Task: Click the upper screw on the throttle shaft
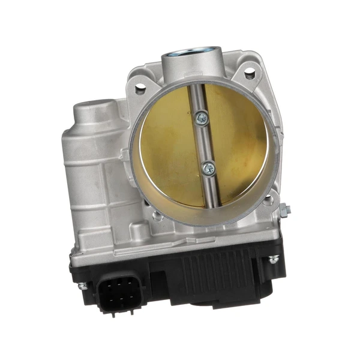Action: click(202, 119)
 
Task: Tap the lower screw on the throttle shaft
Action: click(208, 169)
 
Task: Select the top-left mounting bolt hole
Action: click(140, 89)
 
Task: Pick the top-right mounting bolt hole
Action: click(249, 73)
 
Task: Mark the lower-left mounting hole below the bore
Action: click(157, 214)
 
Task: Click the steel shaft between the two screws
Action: click(205, 144)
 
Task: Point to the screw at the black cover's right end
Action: click(274, 260)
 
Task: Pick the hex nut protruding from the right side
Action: click(284, 209)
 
